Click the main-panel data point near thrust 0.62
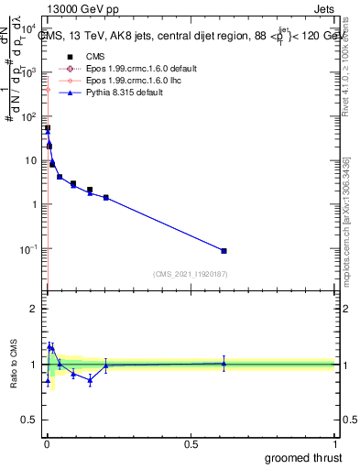pos(224,250)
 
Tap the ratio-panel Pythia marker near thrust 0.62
pos(224,364)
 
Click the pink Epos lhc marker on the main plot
pos(48,89)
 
